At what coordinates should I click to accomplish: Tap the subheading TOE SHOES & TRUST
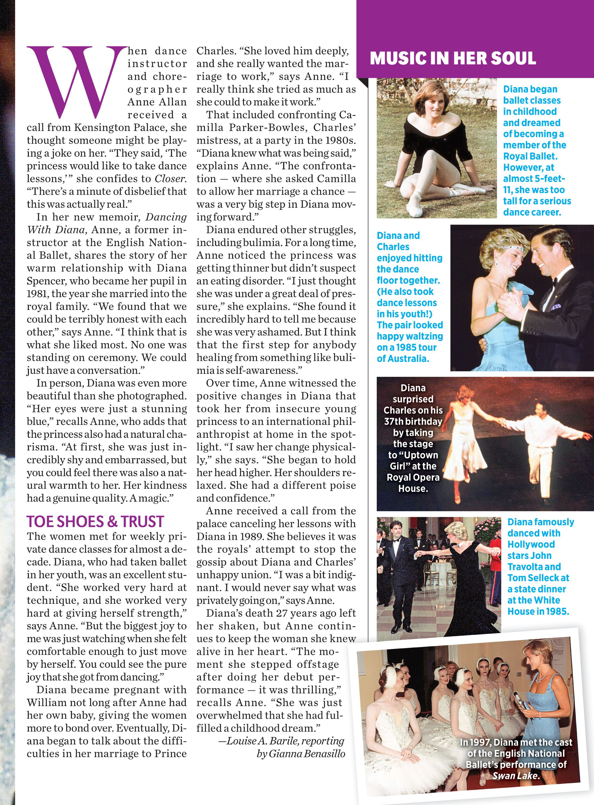(95, 522)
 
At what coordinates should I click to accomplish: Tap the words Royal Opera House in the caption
(413, 483)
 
